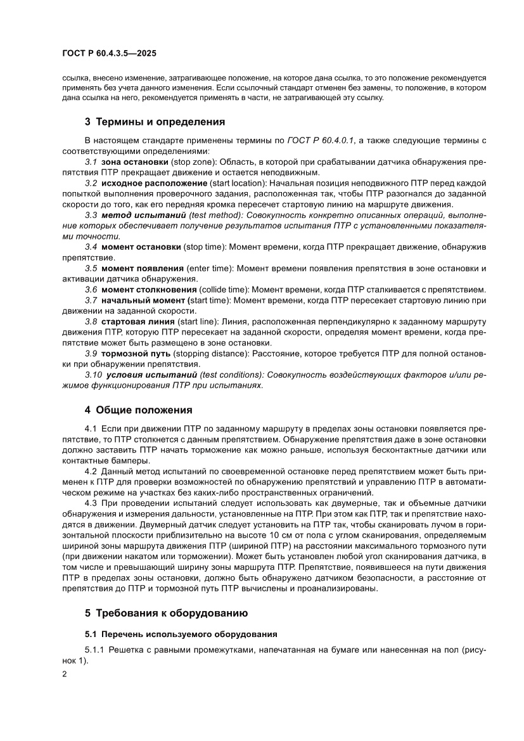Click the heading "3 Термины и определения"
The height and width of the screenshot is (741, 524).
(x=146, y=121)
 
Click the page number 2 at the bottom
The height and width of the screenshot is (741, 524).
(x=65, y=674)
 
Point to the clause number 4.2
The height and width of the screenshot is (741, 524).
(x=91, y=472)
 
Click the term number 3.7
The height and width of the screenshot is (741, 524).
(x=91, y=300)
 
